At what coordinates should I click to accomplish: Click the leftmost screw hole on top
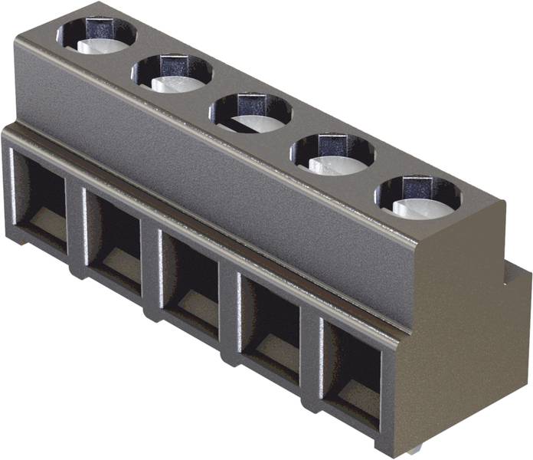[x=96, y=35]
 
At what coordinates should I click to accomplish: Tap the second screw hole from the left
[x=172, y=73]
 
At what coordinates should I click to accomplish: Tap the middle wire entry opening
[x=191, y=278]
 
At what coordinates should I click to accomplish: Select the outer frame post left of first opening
[x=9, y=184]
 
